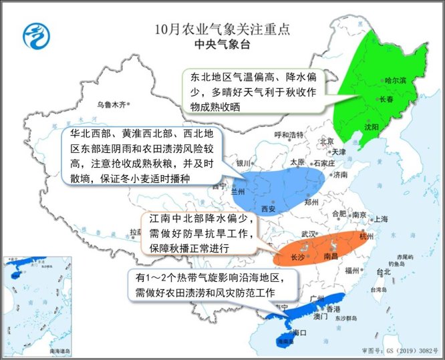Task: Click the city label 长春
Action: [388, 100]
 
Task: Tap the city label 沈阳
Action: [372, 126]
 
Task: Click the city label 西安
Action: [269, 209]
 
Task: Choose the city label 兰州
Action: [239, 191]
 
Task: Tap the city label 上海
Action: [381, 218]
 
